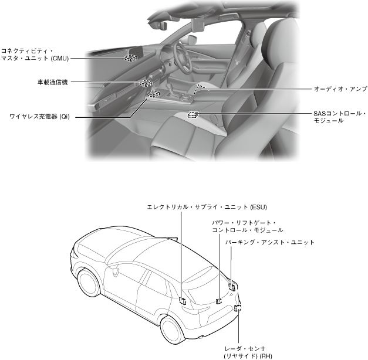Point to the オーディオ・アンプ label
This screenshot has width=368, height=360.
[x=340, y=89]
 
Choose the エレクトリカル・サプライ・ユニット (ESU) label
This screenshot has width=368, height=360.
[x=207, y=207]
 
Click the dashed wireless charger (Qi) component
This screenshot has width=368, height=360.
[x=154, y=94]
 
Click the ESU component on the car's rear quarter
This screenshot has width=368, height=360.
[x=183, y=301]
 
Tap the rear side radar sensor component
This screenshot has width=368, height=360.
[x=238, y=308]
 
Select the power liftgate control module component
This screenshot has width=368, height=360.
[x=219, y=301]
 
